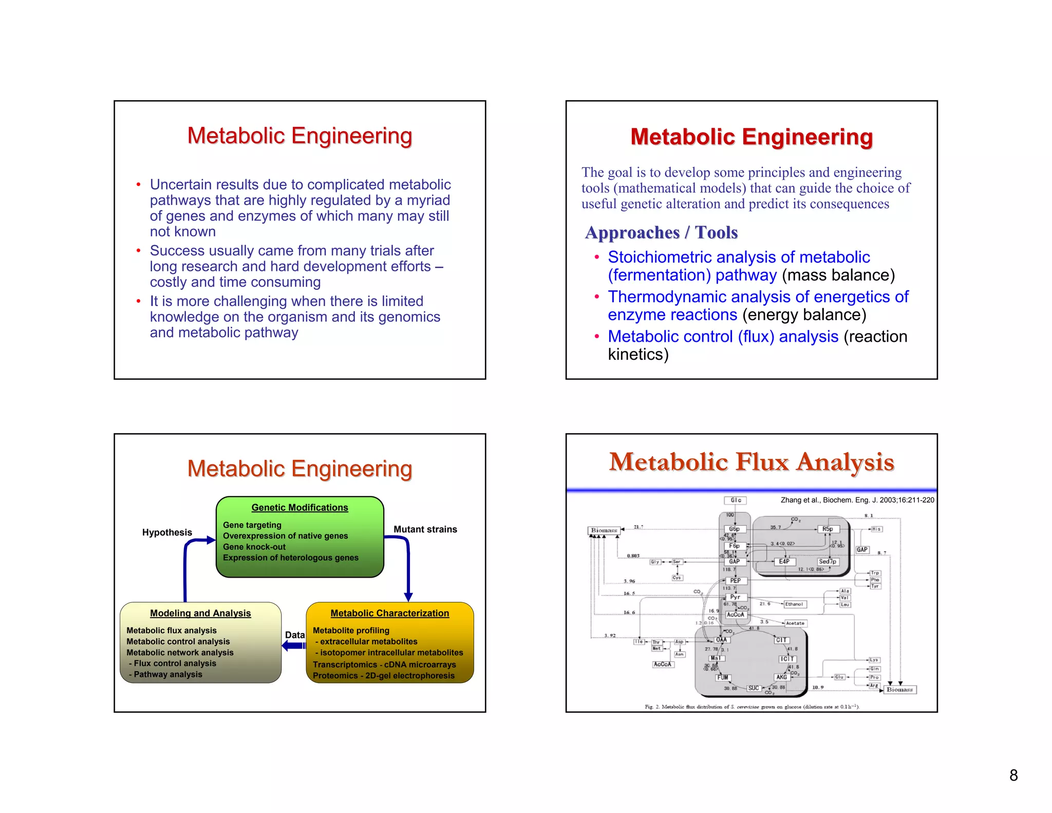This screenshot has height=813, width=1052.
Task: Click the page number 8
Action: coord(1013,775)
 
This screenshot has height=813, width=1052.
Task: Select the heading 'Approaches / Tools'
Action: coord(661,232)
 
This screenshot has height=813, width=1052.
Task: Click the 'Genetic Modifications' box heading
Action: coord(299,507)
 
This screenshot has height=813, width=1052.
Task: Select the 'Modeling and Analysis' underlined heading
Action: coord(200,613)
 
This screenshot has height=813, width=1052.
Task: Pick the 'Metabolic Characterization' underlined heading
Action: coord(389,613)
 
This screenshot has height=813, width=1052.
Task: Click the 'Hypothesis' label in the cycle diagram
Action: coord(167,532)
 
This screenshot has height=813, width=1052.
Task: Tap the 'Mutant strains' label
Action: coord(425,529)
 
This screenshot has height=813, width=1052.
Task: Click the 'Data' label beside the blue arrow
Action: coord(295,635)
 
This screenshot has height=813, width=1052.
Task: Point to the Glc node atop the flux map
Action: coord(736,500)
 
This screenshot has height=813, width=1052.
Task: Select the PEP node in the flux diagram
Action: coord(735,581)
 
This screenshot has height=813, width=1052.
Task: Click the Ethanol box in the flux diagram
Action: coord(794,604)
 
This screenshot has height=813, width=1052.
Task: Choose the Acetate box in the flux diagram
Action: coord(795,623)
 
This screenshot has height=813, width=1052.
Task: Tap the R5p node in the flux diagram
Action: coord(827,529)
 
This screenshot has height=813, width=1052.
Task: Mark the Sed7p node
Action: coord(827,562)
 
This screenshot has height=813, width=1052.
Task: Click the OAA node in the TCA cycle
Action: coord(721,640)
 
